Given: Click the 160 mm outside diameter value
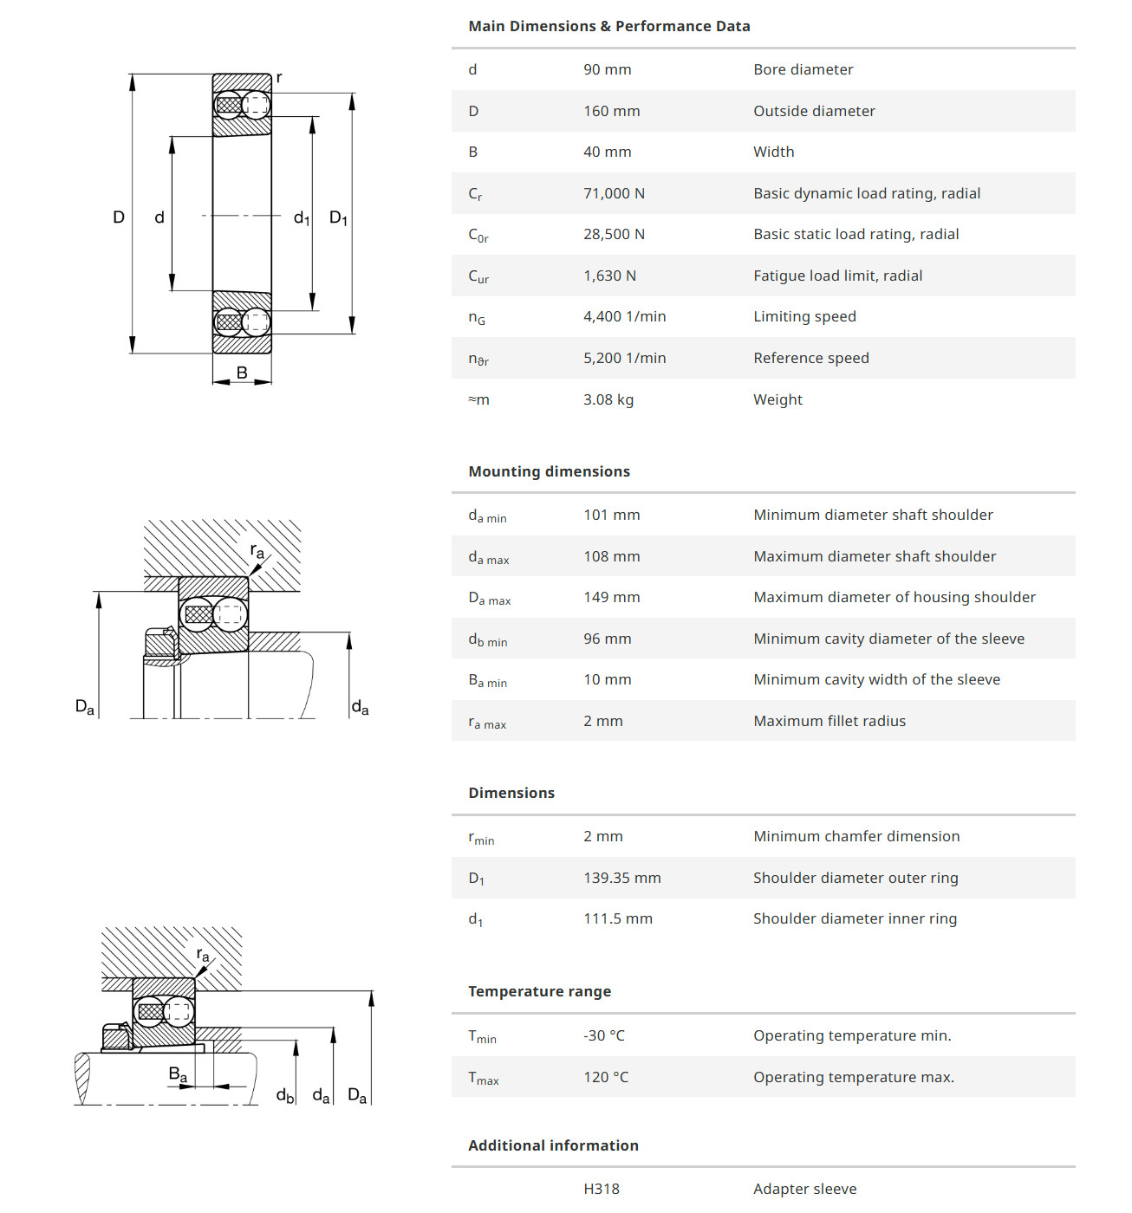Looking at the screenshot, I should pos(611,111).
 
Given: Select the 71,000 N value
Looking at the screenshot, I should pos(614,193).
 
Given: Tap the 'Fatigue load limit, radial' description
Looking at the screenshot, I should pos(837,276).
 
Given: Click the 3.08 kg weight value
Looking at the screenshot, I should pos(608,399).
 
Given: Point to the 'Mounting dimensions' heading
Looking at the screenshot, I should pos(549,471).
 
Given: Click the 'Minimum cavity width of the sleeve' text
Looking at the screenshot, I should pos(876,679).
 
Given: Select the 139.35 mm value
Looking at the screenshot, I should pos(621,878).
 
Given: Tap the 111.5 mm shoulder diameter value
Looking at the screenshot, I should pos(617,918).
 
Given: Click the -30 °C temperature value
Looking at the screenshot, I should pos(603,1035).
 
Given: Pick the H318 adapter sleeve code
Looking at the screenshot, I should pos(601,1189).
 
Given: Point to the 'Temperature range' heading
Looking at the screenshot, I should pos(539,991).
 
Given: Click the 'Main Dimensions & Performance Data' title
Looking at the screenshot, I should pos(608,26).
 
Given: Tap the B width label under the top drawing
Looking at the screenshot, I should pos(242,373).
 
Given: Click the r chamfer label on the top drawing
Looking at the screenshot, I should pos(278,78).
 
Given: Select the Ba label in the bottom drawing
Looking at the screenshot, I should pos(178,1074).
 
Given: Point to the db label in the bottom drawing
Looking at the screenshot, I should pos(284,1096).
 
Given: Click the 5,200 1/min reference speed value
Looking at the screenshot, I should pos(624,358).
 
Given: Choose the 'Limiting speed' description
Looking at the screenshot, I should pos(804,316).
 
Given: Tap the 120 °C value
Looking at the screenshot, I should pos(605,1077).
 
